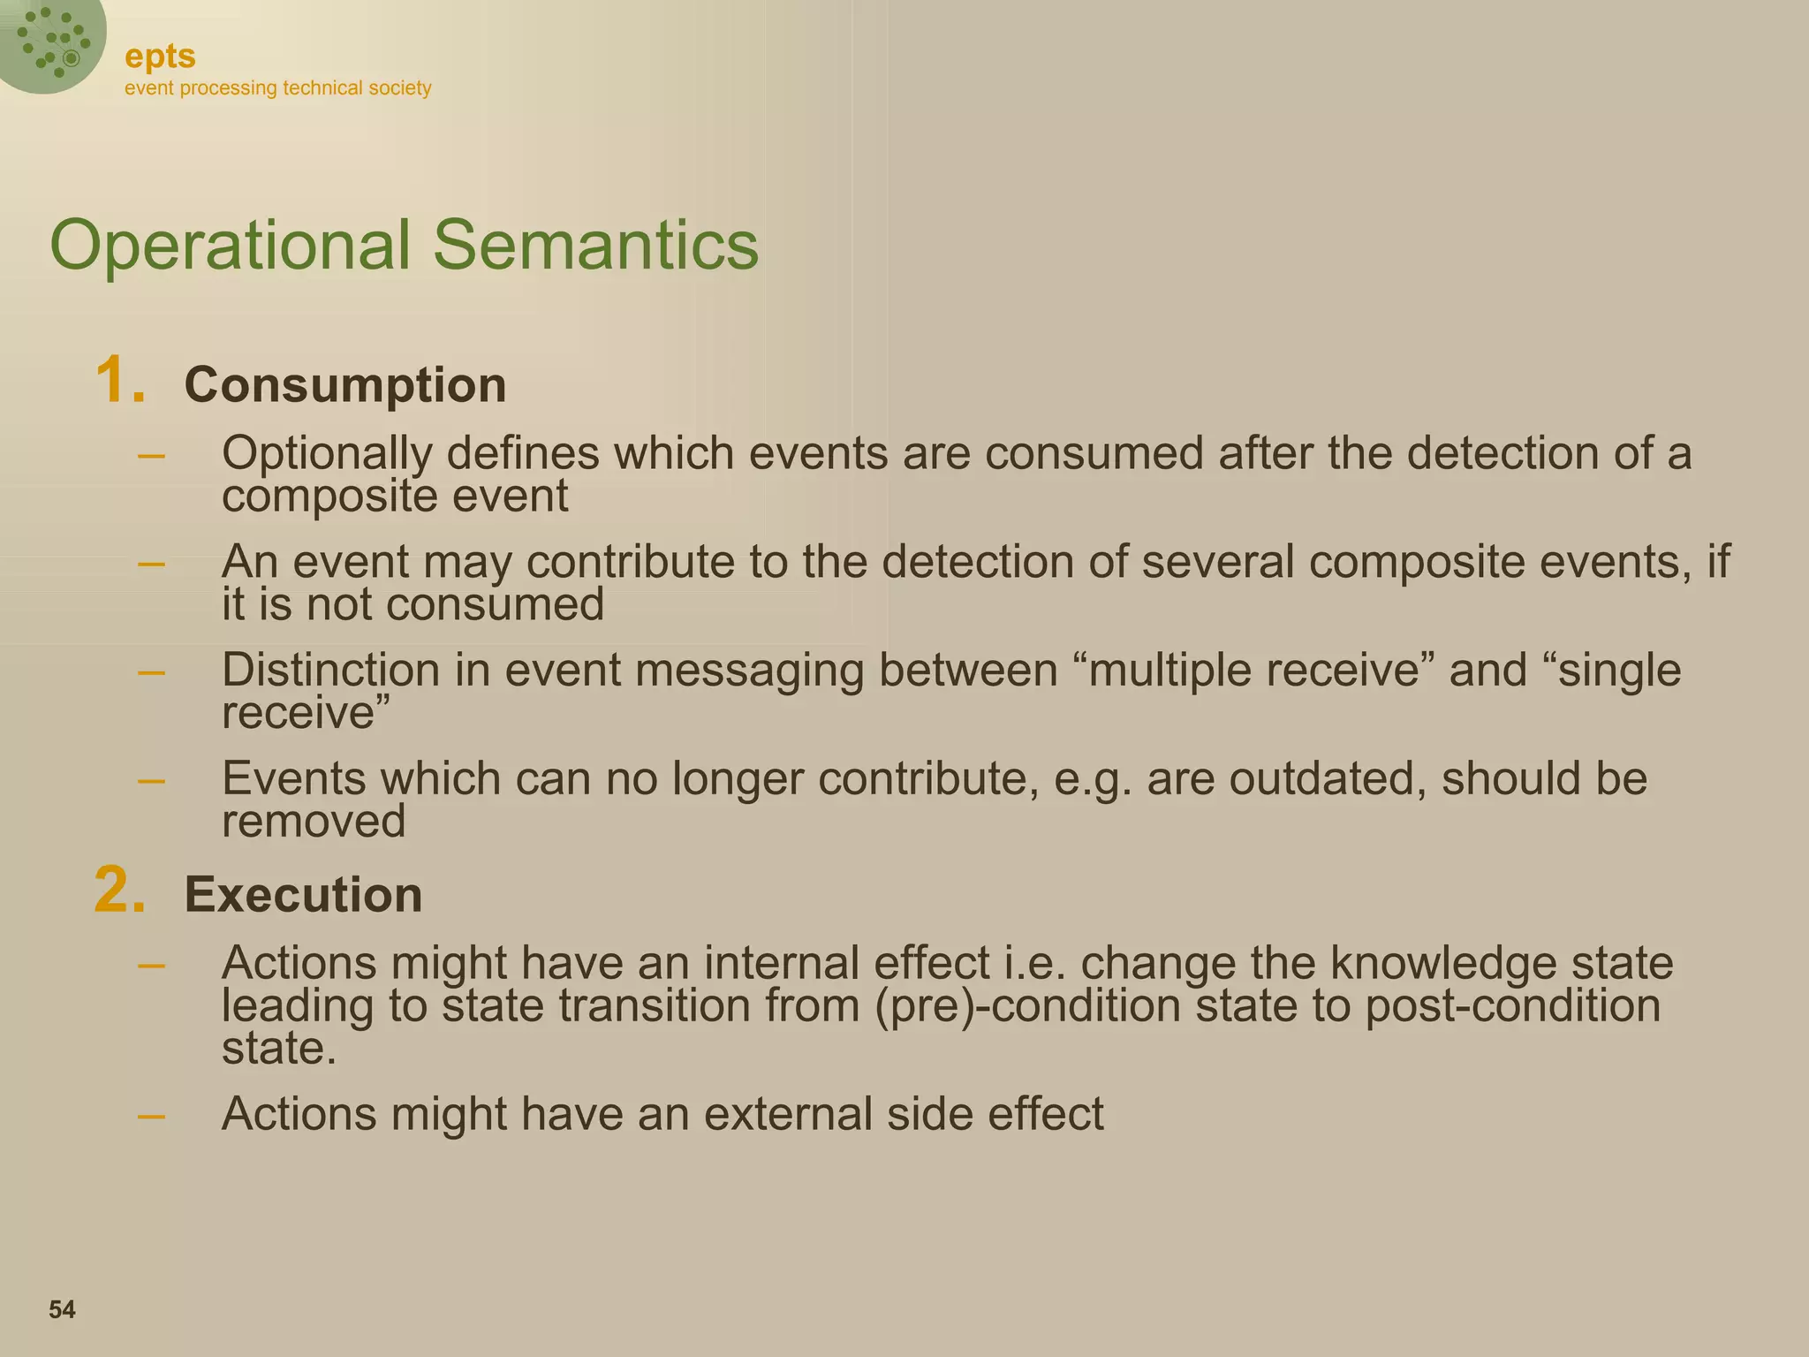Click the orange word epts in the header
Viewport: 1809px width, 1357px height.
coord(160,57)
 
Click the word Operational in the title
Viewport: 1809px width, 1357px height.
coord(230,246)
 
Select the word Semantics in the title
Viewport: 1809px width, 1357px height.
coord(595,246)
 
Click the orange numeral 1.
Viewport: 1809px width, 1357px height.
coord(119,382)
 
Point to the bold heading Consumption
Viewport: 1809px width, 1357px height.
coord(344,385)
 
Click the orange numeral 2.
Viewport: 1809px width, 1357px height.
coord(119,891)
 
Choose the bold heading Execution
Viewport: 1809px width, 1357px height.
coord(303,894)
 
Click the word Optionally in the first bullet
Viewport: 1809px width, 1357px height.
coord(327,454)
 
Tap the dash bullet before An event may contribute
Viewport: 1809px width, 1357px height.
coord(152,563)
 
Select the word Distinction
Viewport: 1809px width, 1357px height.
coord(330,670)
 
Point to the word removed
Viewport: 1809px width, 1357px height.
coord(313,822)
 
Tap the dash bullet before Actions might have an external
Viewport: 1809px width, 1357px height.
coord(152,1115)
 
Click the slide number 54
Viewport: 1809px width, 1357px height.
coord(62,1309)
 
